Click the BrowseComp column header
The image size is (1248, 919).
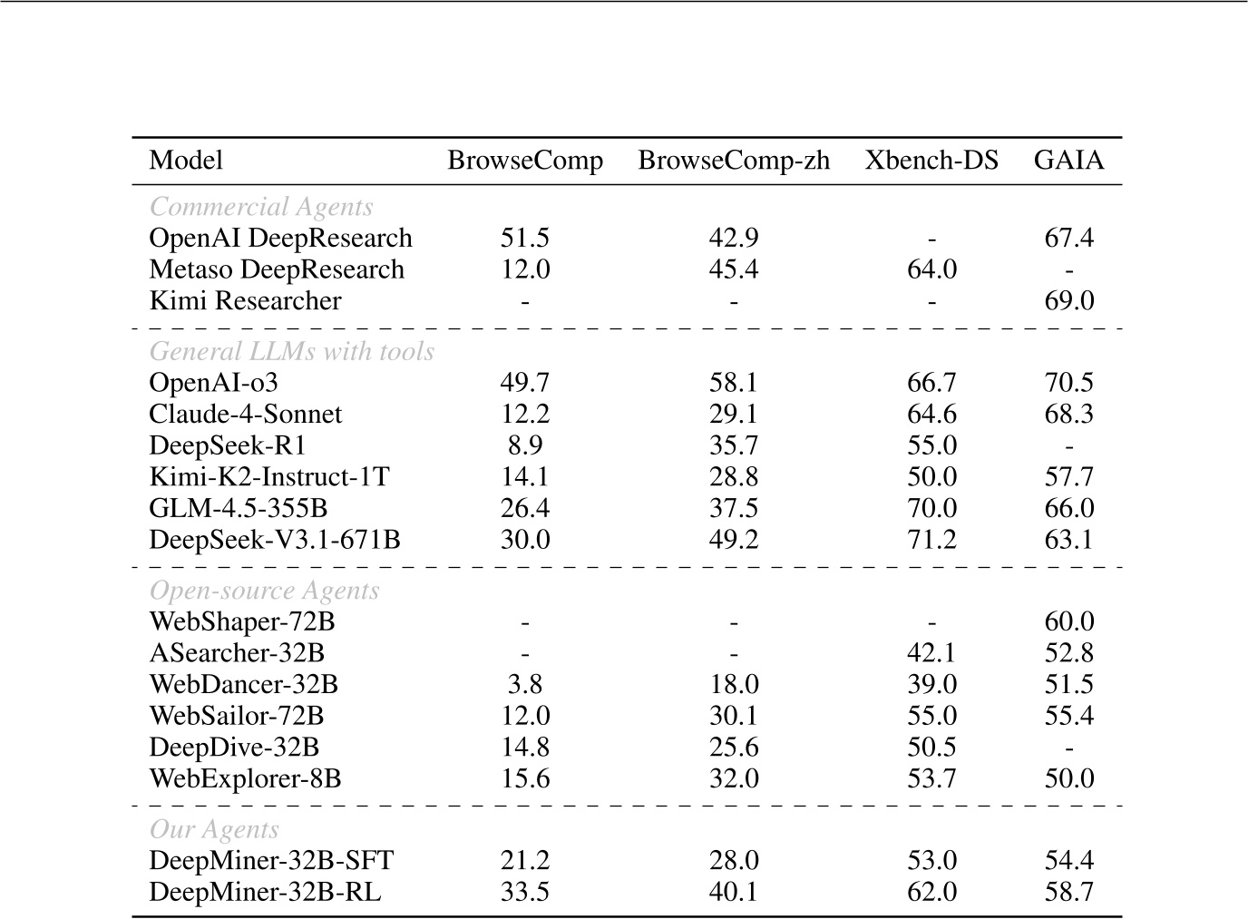coord(525,161)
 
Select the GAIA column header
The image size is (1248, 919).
coord(1068,161)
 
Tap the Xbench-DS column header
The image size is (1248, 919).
coord(931,161)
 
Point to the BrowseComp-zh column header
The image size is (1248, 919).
coord(733,161)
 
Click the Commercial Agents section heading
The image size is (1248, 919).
coord(261,207)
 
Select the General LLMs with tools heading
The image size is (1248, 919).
coord(291,351)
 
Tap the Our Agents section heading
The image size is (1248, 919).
coord(214,829)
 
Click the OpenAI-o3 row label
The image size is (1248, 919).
coord(213,383)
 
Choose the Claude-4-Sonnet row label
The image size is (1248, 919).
coord(245,415)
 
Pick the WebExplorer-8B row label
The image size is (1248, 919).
coord(245,778)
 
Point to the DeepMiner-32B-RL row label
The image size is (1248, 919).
coord(265,892)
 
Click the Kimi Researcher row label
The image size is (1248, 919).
coord(245,301)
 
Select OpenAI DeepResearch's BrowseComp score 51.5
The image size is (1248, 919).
coord(525,239)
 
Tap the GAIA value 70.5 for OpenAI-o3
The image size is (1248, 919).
coord(1068,383)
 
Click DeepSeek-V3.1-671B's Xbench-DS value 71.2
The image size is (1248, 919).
coord(931,540)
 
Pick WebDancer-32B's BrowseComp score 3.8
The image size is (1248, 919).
coord(525,684)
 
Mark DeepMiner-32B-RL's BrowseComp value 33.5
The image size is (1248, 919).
coord(525,892)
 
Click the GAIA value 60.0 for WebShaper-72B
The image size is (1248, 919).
coord(1068,621)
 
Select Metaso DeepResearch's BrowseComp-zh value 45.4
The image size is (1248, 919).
coord(733,269)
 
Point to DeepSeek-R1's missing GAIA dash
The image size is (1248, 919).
coord(1069,446)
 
